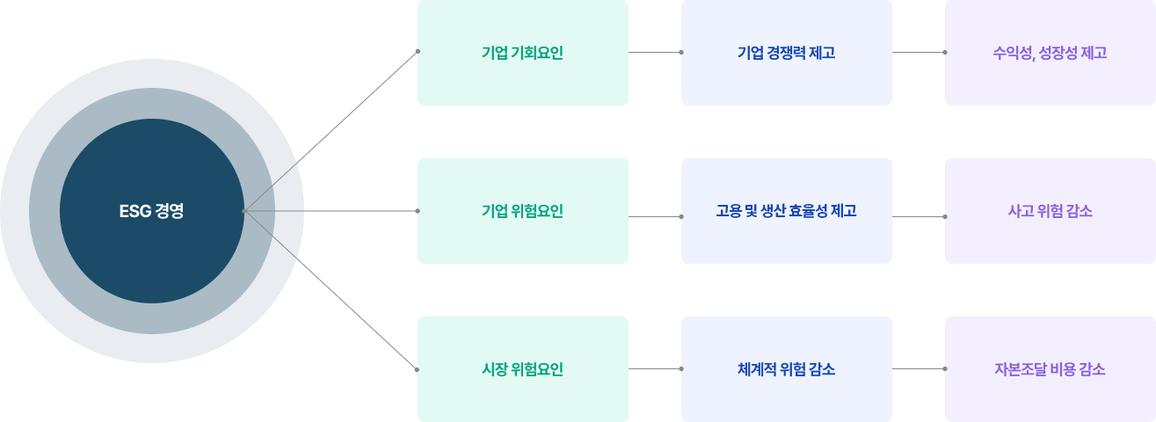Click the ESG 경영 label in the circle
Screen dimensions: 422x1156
click(151, 211)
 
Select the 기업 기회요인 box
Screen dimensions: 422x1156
click(522, 53)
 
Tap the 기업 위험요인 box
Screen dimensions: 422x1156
click(522, 211)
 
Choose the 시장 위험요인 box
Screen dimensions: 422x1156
click(522, 369)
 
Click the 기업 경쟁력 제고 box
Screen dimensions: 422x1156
click(786, 53)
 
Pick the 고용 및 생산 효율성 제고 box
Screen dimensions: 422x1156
click(786, 211)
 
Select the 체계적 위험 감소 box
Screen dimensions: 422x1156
click(786, 369)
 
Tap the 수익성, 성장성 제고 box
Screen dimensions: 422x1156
click(1050, 53)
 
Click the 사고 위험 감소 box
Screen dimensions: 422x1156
click(1050, 211)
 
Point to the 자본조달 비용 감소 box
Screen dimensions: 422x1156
click(1050, 369)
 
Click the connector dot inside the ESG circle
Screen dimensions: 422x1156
click(244, 211)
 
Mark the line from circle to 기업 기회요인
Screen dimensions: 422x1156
click(331, 131)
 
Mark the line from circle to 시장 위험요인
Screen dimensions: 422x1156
click(331, 291)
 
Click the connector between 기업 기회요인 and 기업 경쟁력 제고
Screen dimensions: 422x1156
click(655, 52)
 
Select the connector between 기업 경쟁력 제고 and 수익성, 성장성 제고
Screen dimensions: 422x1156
click(919, 52)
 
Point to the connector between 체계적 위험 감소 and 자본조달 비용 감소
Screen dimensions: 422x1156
click(919, 368)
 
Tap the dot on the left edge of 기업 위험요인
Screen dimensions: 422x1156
click(418, 211)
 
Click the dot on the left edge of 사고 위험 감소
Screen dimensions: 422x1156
click(945, 215)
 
